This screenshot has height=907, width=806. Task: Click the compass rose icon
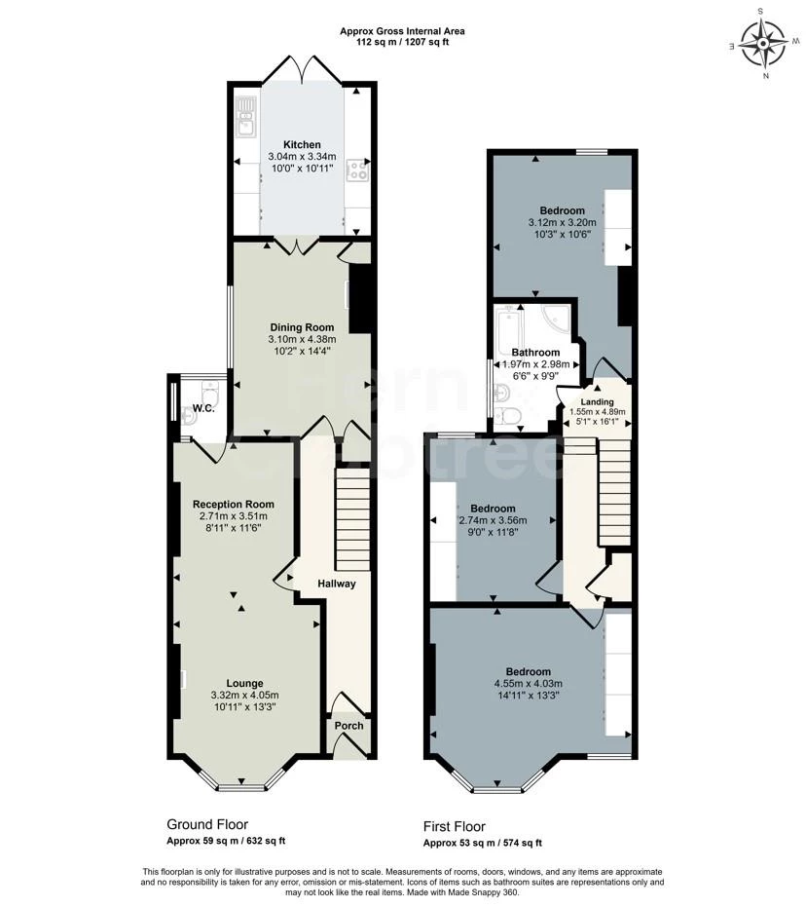coord(763,44)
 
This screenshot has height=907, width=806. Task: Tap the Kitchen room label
coord(302,144)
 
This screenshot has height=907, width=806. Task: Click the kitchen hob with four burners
coord(357,171)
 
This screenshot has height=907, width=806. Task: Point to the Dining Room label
coord(302,327)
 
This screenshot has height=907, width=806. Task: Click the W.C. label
coord(203,408)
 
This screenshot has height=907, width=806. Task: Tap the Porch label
coord(348,726)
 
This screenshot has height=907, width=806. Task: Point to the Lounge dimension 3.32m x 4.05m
coord(244,696)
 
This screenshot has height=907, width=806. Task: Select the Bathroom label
coord(535,352)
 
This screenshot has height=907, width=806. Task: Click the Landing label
coord(597,401)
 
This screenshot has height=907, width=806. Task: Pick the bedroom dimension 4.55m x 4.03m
coord(528,684)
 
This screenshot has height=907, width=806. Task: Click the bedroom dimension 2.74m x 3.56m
coord(492,521)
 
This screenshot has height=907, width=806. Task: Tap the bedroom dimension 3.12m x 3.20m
coord(562,223)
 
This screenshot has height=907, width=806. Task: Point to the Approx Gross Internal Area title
coord(402,31)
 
